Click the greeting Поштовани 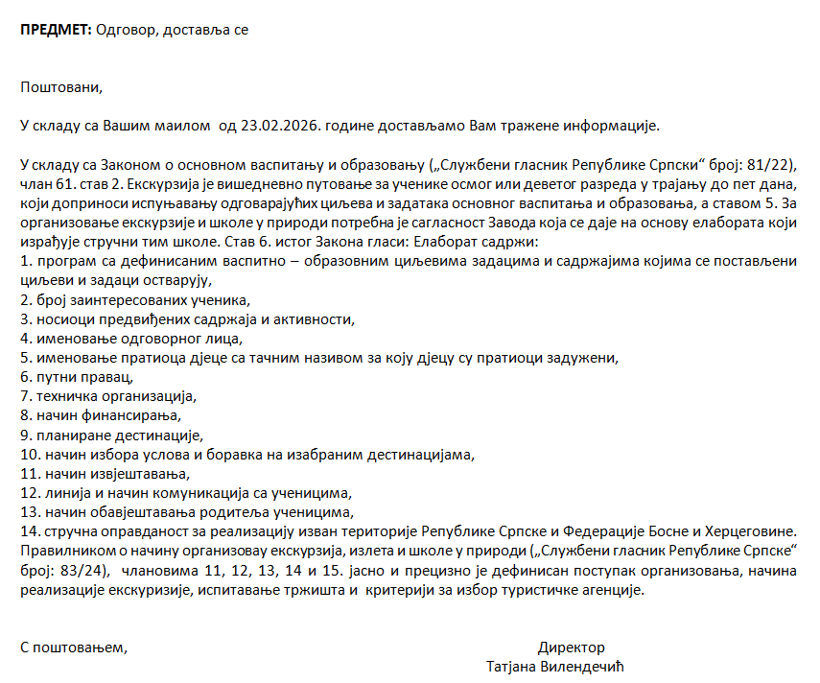tap(60, 87)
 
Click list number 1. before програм tap(26, 262)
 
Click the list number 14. tap(30, 530)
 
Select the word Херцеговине tap(757, 530)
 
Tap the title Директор tap(571, 648)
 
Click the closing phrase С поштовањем tap(74, 648)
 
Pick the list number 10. tap(30, 454)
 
